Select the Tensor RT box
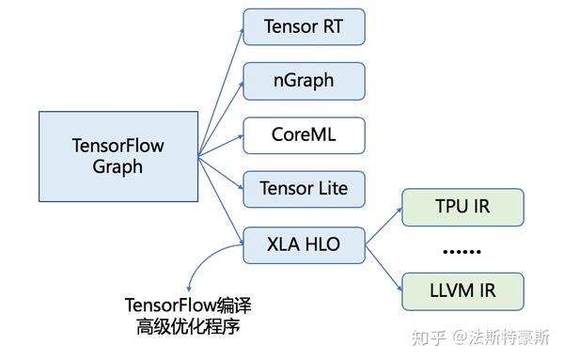pos(304,26)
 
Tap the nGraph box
pos(304,81)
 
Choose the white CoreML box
pos(304,135)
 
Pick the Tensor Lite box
pos(304,189)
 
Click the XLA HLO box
pos(304,245)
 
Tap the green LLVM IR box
pos(462,291)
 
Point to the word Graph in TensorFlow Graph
pos(118,167)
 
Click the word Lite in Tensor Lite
pos(326,189)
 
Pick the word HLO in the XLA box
pos(321,245)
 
